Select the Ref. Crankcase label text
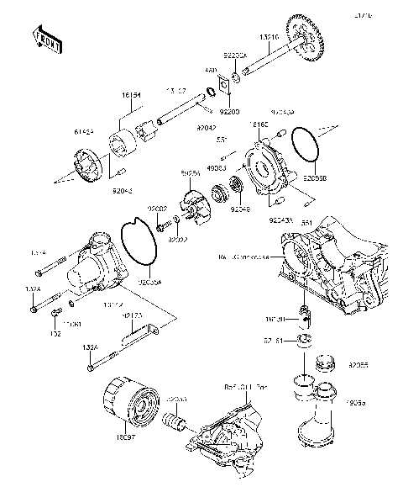pos(243,256)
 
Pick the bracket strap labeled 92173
pos(150,339)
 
